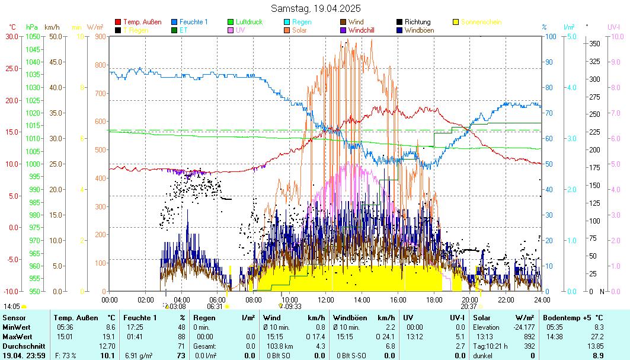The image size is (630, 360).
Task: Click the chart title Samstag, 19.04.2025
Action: [x=315, y=8]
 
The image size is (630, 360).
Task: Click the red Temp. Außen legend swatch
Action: [x=118, y=22]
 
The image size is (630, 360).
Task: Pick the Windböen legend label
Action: [x=419, y=30]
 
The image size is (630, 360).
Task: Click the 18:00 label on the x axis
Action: [x=434, y=300]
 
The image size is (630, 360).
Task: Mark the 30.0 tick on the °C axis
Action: [x=12, y=36]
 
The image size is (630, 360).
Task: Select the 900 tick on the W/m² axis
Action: [x=98, y=36]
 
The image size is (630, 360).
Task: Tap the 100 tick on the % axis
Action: [x=549, y=36]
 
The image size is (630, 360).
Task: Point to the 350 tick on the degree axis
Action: [x=594, y=43]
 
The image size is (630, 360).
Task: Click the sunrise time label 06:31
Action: [x=215, y=307]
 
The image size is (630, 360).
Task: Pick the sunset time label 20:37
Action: [x=468, y=307]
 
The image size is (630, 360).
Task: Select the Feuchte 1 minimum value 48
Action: [x=181, y=327]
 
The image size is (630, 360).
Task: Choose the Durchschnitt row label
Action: [x=20, y=346]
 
